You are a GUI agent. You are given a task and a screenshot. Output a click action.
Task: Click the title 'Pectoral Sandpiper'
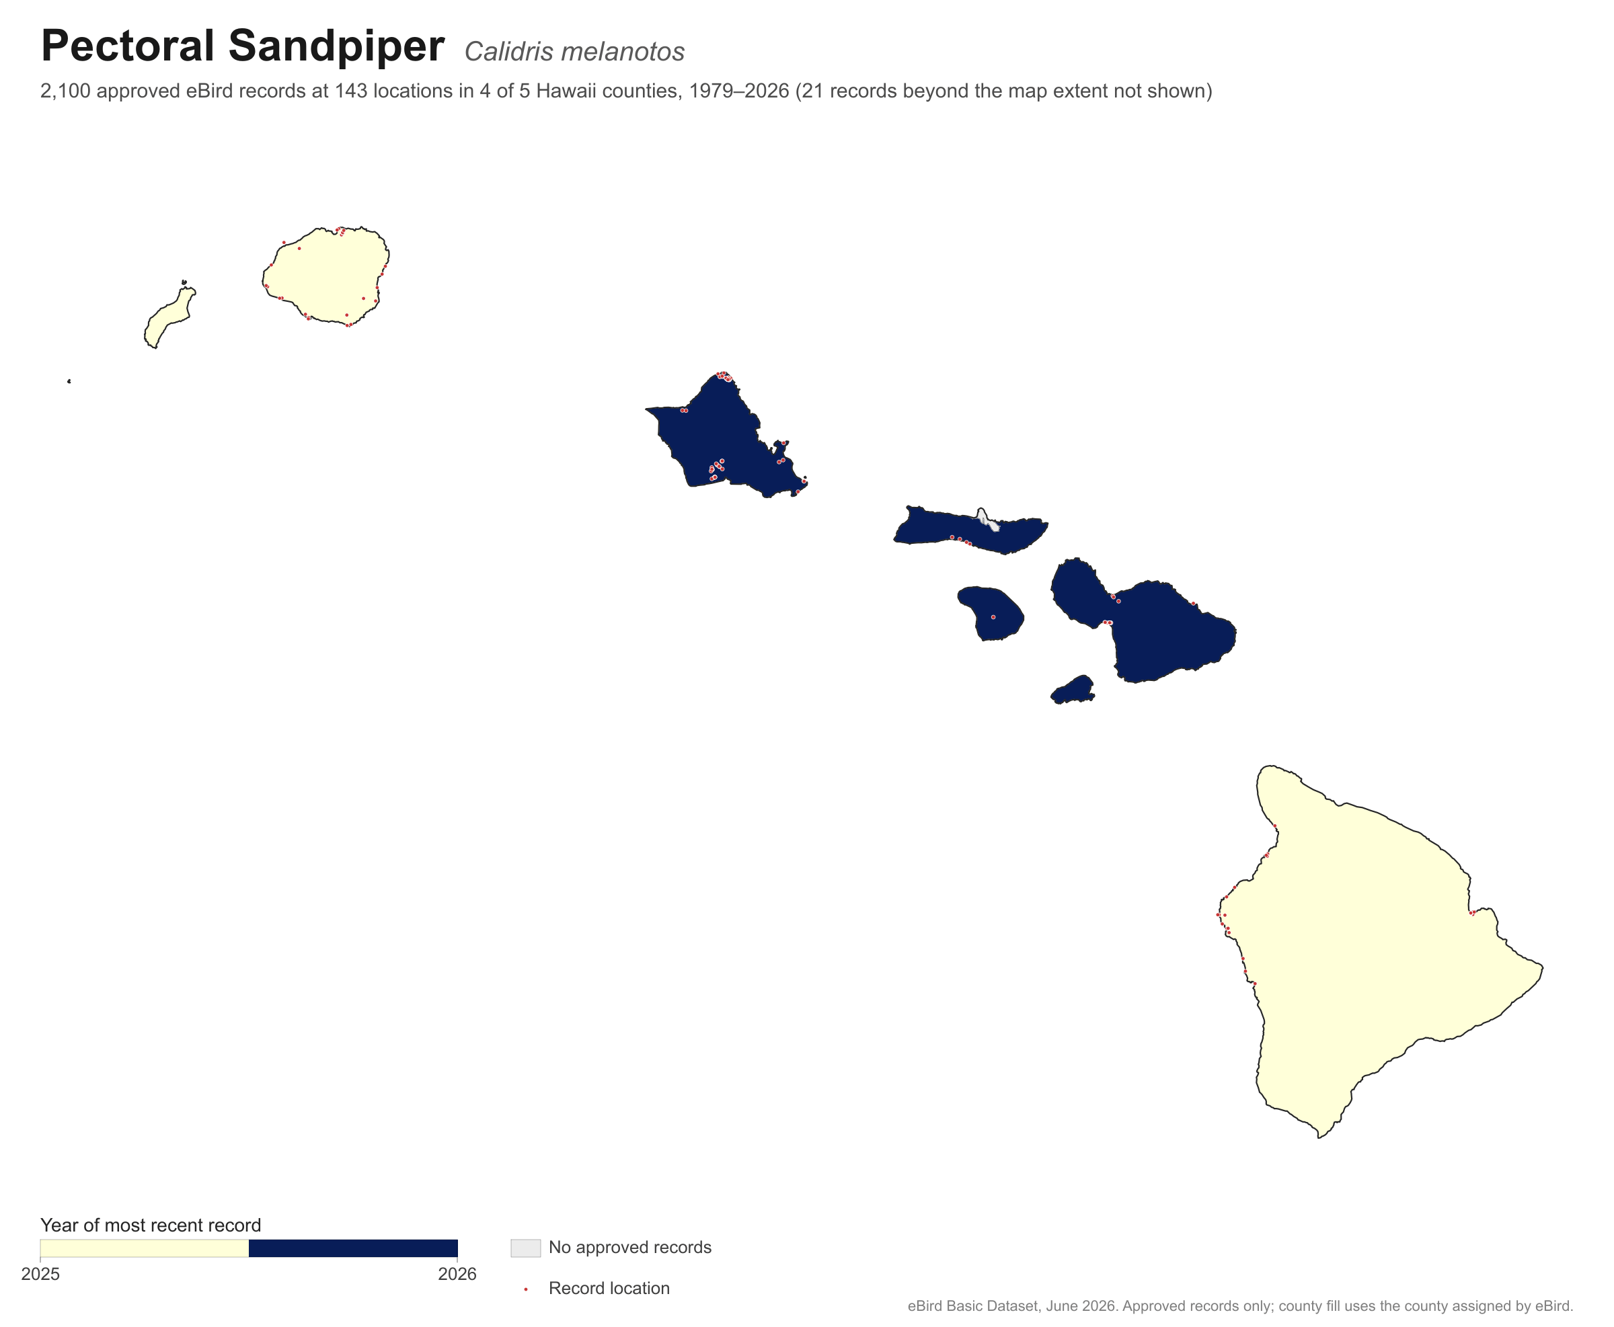coord(242,46)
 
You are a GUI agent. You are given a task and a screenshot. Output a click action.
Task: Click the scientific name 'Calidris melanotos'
coord(574,52)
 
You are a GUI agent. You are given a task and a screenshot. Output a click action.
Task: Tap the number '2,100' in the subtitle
coord(66,91)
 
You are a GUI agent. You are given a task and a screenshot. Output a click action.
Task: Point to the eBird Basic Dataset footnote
coord(1240,1306)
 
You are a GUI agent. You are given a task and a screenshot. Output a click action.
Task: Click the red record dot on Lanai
coord(993,617)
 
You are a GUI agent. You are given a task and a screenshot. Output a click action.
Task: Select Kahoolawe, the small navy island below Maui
coord(1073,690)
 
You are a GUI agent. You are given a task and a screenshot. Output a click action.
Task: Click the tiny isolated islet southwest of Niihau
coord(69,381)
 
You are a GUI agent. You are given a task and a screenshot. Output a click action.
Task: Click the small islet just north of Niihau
coord(184,282)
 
